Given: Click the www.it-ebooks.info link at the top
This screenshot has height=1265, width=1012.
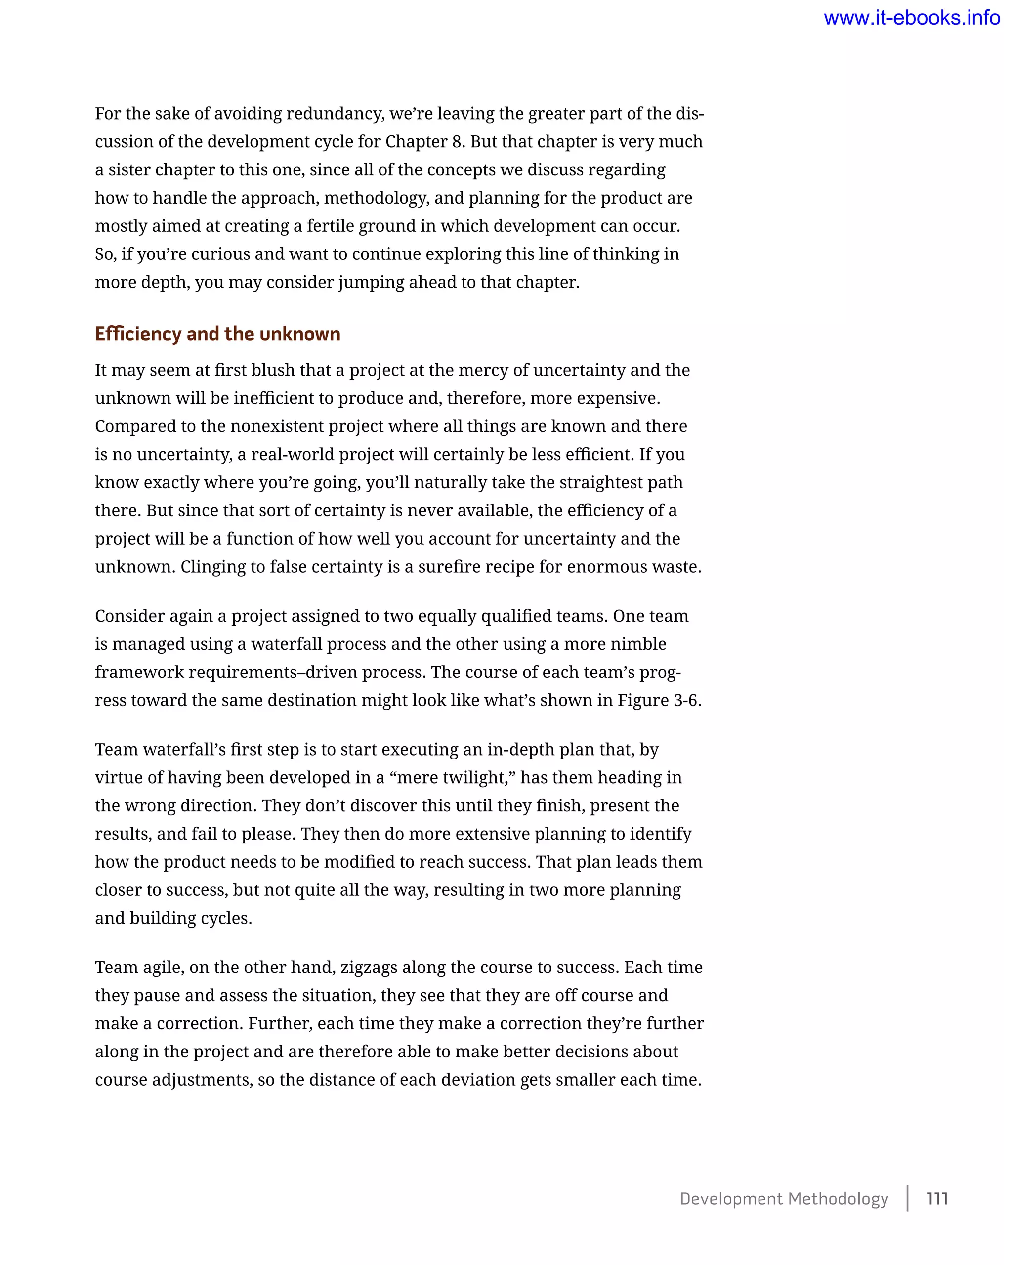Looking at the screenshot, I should [911, 18].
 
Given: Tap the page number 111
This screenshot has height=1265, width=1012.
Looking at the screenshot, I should [937, 1198].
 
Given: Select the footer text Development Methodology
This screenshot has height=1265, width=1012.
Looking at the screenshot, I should [784, 1198].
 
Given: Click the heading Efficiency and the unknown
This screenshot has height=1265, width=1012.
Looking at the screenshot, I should [217, 334].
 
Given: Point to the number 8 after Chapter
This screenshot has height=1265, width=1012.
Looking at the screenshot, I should [457, 142].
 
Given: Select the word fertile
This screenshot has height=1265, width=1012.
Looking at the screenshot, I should [330, 226].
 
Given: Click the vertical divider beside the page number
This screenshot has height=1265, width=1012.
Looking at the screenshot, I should [908, 1198].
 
